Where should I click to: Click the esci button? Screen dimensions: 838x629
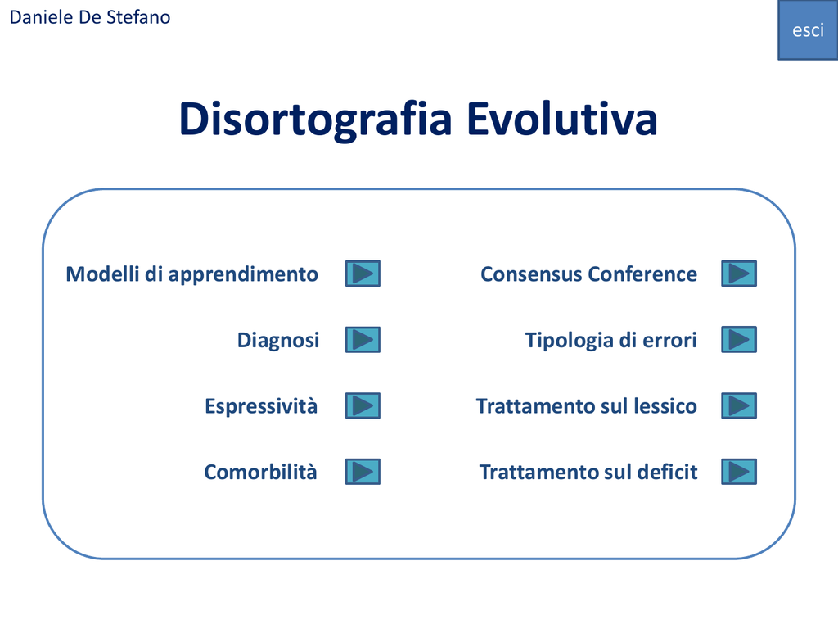[x=808, y=30]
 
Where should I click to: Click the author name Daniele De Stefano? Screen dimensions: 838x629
[x=90, y=17]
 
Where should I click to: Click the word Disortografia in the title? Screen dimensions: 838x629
[x=316, y=120]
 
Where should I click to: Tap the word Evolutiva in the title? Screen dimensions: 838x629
[x=561, y=118]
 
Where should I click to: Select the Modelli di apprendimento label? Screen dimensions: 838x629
[x=191, y=274]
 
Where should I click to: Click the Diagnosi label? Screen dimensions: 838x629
[x=278, y=340]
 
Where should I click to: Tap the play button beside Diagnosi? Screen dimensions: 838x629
[x=363, y=340]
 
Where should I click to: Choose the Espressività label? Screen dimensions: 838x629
[x=261, y=406]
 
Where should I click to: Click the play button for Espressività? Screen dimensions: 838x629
[x=363, y=405]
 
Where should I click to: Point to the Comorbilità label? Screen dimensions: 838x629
[x=260, y=473]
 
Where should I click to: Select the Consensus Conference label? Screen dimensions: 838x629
[x=588, y=274]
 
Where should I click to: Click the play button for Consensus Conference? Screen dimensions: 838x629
[x=739, y=274]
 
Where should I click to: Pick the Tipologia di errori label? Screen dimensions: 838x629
[x=610, y=340]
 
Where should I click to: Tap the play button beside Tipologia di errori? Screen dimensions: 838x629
[x=739, y=340]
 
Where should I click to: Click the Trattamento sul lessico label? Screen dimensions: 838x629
[x=586, y=406]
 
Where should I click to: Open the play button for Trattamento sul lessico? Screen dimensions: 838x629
[x=739, y=405]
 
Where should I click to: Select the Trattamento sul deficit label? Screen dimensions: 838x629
[x=588, y=473]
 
